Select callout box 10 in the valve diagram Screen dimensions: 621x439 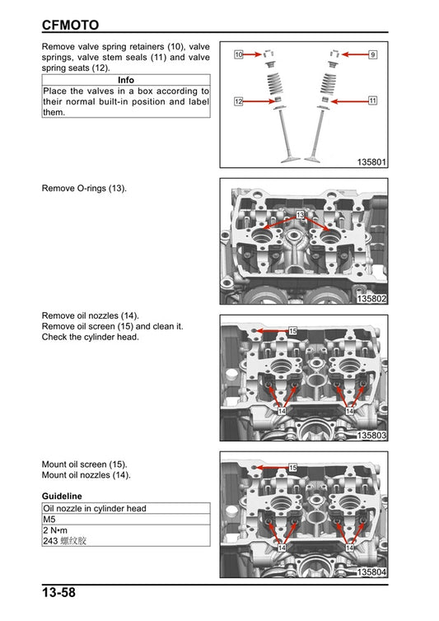tap(238, 54)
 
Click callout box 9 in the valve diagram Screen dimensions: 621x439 tap(372, 54)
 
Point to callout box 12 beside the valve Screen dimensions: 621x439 tap(238, 101)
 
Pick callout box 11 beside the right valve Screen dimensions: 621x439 tap(372, 100)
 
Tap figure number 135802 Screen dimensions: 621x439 tap(371, 298)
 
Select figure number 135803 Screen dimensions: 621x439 tap(371, 435)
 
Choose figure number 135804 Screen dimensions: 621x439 tap(371, 572)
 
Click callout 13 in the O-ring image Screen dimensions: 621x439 tap(300, 215)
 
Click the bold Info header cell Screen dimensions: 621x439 tap(126, 80)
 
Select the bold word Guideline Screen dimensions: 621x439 tap(62, 496)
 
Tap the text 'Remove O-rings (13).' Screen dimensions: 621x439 tap(84, 189)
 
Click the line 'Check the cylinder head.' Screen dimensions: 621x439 tap(91, 337)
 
